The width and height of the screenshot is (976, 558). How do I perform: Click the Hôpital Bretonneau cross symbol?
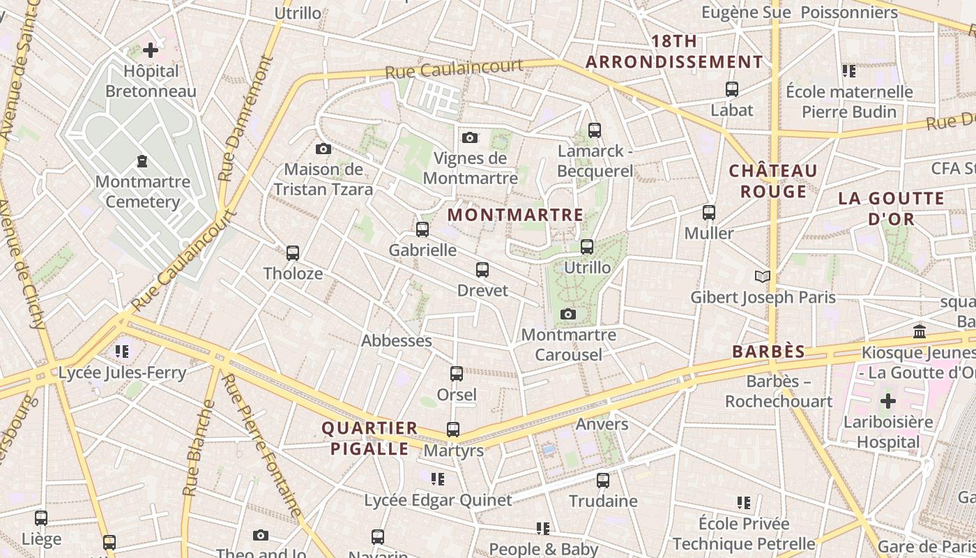tap(151, 50)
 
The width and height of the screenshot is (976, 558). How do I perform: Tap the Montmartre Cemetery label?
tap(142, 192)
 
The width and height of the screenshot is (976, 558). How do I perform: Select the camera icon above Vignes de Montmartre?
tap(470, 137)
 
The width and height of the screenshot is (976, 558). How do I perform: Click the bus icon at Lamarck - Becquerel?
tap(594, 130)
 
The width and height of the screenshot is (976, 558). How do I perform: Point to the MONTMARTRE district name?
tap(515, 215)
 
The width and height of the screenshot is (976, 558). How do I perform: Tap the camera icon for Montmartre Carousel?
tap(568, 314)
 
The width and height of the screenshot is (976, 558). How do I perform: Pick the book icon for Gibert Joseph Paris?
tap(763, 277)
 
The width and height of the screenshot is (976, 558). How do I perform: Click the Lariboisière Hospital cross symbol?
tap(887, 401)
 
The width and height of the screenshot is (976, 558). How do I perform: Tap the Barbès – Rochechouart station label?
tap(779, 391)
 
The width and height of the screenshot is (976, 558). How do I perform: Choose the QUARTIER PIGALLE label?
tap(369, 438)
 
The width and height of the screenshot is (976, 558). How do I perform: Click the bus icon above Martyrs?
tap(453, 430)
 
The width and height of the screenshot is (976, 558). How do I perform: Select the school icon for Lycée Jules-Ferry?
tap(122, 351)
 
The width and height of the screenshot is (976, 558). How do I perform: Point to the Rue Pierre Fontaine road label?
tap(262, 446)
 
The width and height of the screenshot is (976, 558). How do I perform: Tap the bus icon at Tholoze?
tap(293, 253)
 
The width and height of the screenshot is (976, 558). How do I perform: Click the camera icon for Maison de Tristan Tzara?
tap(323, 149)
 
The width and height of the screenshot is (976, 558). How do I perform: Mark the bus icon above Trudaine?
tap(603, 480)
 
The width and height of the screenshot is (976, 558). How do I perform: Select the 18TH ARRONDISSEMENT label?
tap(674, 52)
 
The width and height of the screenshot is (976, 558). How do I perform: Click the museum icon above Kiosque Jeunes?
tap(919, 331)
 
